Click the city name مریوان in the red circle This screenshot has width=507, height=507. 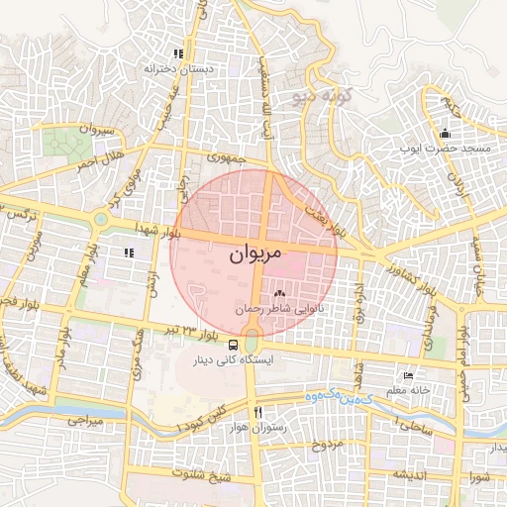[x=254, y=254]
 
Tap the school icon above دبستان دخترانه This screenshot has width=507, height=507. [x=178, y=54]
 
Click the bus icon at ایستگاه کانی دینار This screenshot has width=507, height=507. [x=233, y=346]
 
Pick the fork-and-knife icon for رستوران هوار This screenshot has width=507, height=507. [x=257, y=411]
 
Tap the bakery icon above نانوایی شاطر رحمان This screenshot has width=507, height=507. [x=278, y=293]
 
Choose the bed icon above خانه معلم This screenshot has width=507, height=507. [x=408, y=375]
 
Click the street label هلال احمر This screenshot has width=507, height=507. [x=99, y=161]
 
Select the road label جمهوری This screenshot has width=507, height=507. [x=226, y=157]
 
